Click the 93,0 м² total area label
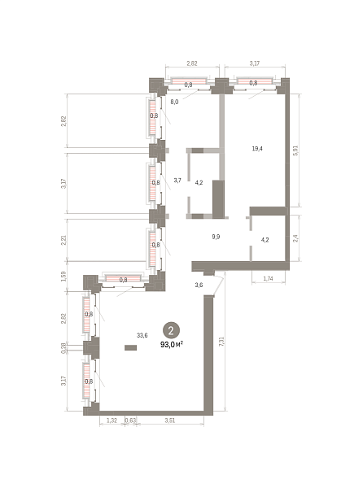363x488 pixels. [172, 345]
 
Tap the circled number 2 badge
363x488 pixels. [171, 330]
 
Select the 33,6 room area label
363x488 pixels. [142, 335]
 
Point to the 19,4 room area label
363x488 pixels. [257, 149]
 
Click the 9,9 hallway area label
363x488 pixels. [216, 237]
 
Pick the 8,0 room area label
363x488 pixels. [174, 102]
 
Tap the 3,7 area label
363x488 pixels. [177, 181]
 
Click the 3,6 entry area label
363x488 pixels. [199, 285]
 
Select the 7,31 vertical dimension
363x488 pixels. [221, 342]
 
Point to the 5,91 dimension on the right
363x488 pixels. [296, 150]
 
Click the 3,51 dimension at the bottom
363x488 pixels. [170, 420]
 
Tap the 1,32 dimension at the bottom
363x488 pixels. [112, 420]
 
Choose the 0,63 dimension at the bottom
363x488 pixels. [131, 420]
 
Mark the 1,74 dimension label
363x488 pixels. [268, 278]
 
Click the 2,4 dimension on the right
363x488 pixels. [296, 238]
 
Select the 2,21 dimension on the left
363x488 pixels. [63, 240]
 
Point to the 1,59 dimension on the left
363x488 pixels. [63, 276]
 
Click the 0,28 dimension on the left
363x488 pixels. [63, 348]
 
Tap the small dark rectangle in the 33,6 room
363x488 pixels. [131, 347]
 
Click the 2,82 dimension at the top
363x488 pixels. [192, 63]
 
